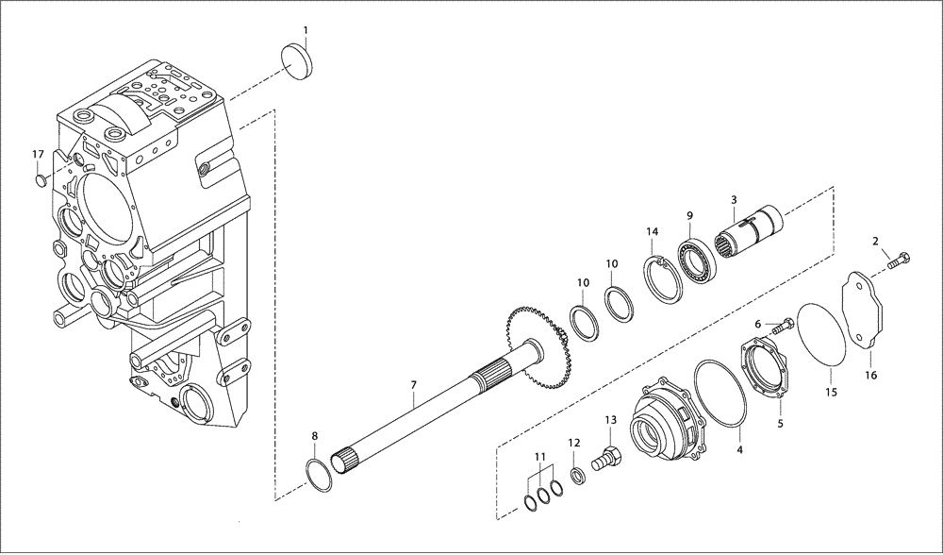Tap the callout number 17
(x=38, y=154)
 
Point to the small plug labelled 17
(x=41, y=178)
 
